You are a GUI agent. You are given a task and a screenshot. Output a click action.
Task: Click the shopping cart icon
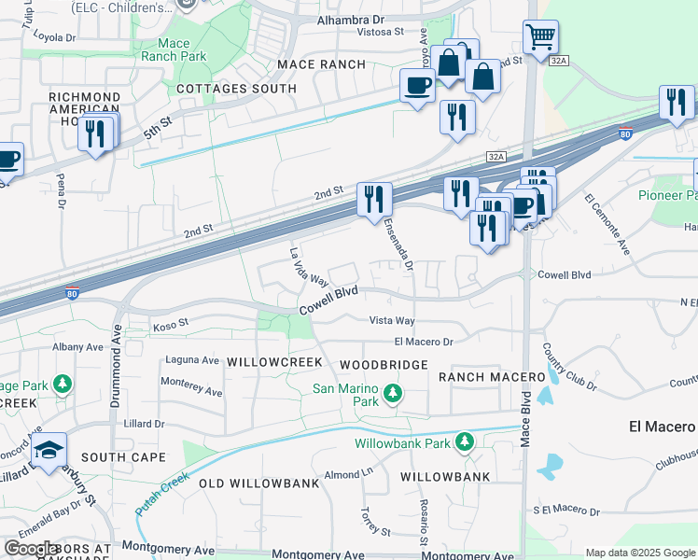[x=540, y=38]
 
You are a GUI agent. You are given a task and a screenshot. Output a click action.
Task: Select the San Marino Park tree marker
[x=393, y=395]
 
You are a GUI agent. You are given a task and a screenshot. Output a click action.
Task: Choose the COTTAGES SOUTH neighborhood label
[x=236, y=89]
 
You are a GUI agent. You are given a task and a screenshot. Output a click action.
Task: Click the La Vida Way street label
[x=309, y=267]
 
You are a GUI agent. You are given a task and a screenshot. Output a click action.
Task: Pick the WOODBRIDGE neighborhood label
[x=384, y=364]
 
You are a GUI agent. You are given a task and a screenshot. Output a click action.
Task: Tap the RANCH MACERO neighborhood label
[x=492, y=376]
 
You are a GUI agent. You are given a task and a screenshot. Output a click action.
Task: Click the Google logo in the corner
[x=33, y=549]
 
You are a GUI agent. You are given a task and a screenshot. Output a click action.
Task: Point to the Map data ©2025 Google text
[x=639, y=553]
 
